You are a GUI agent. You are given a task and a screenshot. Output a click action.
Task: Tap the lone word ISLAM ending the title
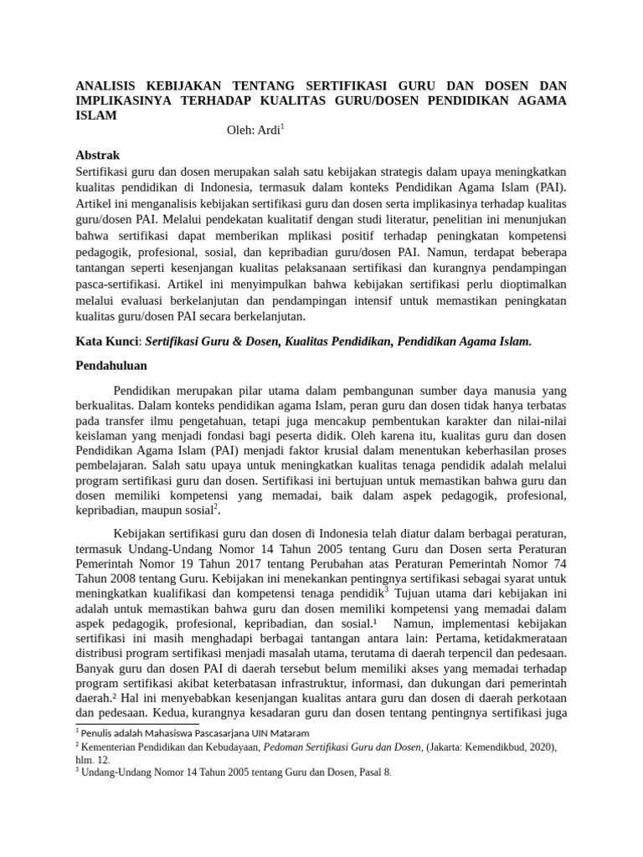(x=95, y=116)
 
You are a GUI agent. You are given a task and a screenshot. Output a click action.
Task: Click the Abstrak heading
(x=98, y=156)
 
